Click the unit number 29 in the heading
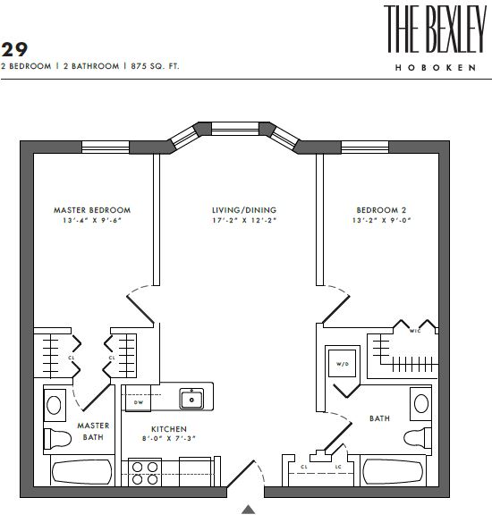click(14, 50)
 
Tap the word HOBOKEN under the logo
click(436, 68)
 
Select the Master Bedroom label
click(92, 210)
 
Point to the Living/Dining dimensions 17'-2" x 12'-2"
click(244, 221)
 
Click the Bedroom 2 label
click(381, 210)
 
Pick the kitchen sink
click(191, 399)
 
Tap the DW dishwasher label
click(139, 402)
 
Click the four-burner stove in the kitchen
click(145, 473)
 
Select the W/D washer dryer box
click(343, 363)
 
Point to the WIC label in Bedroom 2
click(415, 331)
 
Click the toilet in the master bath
click(58, 438)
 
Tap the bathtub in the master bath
click(82, 472)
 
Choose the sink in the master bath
click(55, 405)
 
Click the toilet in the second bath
click(418, 437)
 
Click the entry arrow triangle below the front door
click(249, 510)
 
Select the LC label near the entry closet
click(338, 467)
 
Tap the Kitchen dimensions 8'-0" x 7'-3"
click(169, 439)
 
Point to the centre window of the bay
click(235, 129)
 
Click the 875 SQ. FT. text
click(155, 66)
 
